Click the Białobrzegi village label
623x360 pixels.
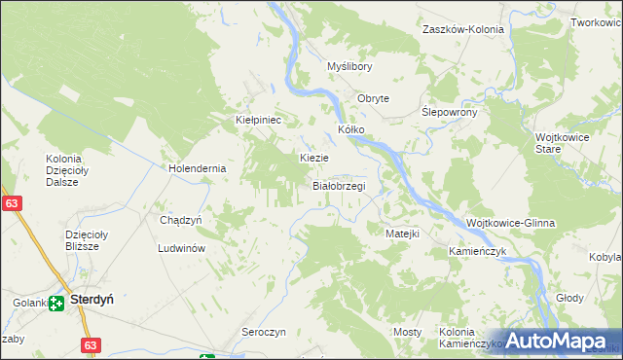[338, 185]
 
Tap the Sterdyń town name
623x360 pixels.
[92, 302]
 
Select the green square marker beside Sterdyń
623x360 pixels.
[58, 303]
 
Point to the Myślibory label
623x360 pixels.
[349, 66]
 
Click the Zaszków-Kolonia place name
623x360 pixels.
[463, 29]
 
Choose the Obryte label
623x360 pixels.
[373, 98]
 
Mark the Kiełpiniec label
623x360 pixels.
[259, 120]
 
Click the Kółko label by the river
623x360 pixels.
[350, 128]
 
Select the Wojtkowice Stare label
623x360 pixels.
[561, 144]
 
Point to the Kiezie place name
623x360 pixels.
[313, 158]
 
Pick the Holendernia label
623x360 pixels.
[198, 167]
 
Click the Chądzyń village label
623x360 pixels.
[180, 220]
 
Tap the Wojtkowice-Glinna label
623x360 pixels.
[511, 223]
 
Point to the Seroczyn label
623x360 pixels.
[263, 332]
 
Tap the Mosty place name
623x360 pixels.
[408, 332]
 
